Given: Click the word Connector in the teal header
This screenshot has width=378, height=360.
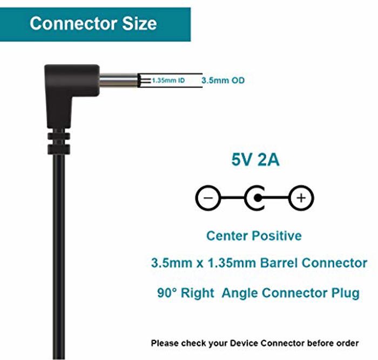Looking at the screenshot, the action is click(74, 23).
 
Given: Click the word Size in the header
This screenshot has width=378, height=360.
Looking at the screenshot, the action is click(139, 23).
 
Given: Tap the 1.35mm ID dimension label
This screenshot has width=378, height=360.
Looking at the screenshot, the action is click(168, 81).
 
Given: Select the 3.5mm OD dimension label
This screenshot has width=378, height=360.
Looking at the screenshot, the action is click(223, 81).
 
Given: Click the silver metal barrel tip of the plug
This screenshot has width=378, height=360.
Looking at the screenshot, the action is click(119, 81).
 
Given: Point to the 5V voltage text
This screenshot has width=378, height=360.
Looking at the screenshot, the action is click(242, 159).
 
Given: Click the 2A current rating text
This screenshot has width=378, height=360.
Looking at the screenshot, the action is click(268, 159).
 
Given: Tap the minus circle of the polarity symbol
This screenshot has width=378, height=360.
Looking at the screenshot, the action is click(208, 198).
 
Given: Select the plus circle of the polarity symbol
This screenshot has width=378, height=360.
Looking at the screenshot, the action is click(301, 198).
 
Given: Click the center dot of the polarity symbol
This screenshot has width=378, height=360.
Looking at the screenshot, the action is click(258, 198).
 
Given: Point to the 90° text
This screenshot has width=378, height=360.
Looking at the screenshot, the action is click(167, 293).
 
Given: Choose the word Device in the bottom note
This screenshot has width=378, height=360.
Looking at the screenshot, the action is click(244, 343).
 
